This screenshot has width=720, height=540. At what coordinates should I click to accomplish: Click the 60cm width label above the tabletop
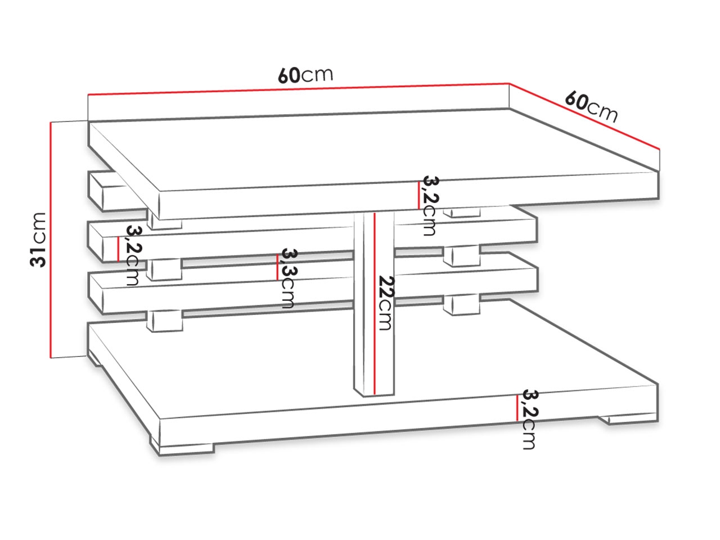(305, 75)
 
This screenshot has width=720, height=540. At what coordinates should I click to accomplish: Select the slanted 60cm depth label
(591, 106)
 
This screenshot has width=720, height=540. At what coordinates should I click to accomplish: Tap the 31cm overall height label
(38, 240)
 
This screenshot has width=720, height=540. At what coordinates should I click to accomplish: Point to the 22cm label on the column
(386, 303)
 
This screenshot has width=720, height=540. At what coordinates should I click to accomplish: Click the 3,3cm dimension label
(287, 278)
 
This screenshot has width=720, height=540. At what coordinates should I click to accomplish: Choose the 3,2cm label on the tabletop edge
(430, 205)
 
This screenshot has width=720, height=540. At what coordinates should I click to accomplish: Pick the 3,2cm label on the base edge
(529, 420)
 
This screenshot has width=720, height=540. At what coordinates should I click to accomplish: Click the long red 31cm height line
(51, 240)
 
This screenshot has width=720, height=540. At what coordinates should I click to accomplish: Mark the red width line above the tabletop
(299, 89)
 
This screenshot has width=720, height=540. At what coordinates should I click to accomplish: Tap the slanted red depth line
(584, 116)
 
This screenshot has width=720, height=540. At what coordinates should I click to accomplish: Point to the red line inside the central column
(374, 304)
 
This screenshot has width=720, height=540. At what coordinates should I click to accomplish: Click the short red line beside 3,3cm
(277, 267)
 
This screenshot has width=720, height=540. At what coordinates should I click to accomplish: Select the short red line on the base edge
(517, 408)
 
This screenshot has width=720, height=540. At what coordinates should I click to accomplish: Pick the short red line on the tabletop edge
(419, 195)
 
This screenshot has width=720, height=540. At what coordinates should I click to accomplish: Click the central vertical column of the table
(374, 304)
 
